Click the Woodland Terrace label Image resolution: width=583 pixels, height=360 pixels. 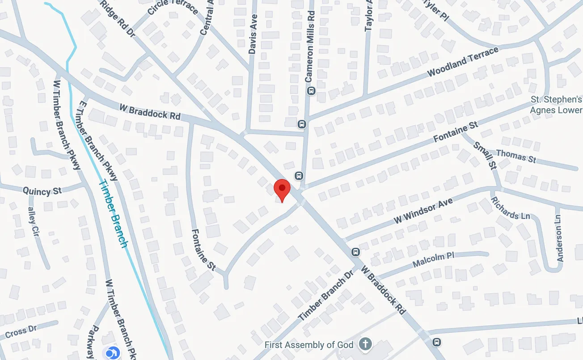coord(462,62)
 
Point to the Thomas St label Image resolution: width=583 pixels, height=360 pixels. coord(516,156)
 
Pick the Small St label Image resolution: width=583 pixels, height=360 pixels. coord(485,155)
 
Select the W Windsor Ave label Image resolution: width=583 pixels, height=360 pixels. coord(423,211)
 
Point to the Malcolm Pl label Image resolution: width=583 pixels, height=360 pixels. coord(433,259)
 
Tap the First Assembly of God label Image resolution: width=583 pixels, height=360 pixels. coord(309,345)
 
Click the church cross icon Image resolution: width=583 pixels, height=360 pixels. coord(366,344)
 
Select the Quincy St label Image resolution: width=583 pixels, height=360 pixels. coord(42,191)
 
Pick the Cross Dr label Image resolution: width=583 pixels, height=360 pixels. coord(21,332)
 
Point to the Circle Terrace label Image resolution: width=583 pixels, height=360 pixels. coord(172,8)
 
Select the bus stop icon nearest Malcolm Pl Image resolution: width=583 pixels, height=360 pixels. coord(355,252)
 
